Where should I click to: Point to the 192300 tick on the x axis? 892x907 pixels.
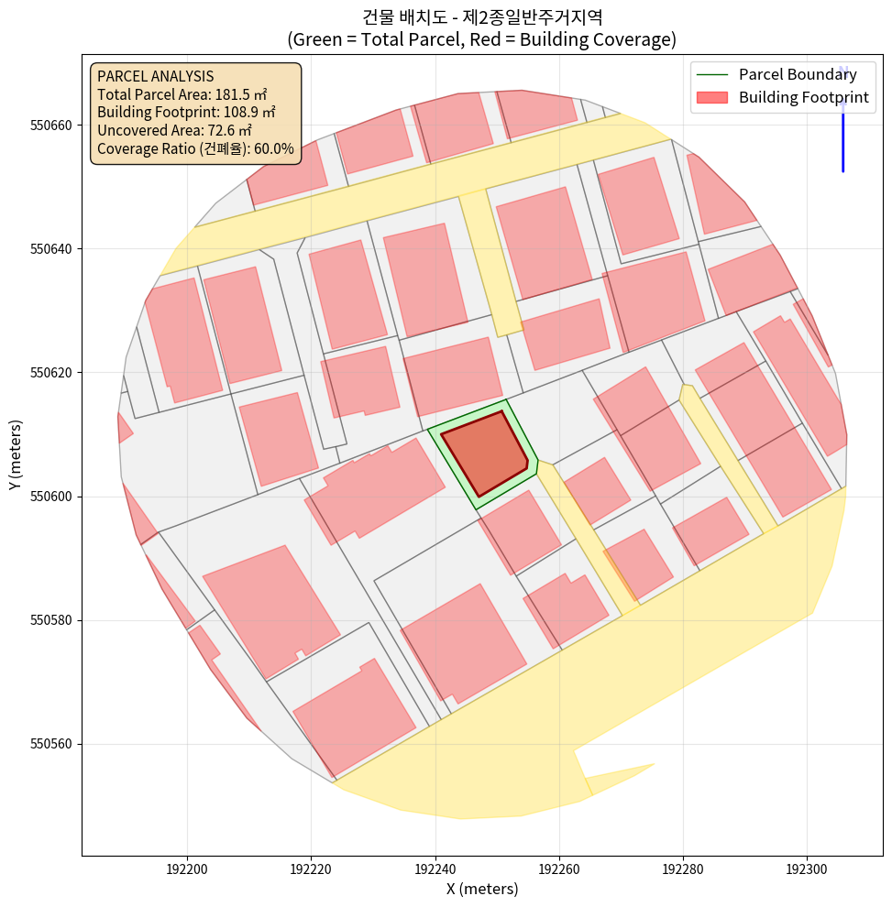point(807,867)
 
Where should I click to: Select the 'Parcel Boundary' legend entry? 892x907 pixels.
point(798,75)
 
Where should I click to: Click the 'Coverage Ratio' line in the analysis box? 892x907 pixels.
point(195,148)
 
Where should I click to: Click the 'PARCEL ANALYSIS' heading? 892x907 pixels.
point(155,76)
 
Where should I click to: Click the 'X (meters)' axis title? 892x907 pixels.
point(482,889)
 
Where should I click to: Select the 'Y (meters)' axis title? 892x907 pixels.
point(16,454)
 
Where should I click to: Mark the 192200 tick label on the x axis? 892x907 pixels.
point(187,867)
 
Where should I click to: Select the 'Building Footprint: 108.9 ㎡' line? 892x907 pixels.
point(186,113)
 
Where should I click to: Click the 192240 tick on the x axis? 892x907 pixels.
point(435,867)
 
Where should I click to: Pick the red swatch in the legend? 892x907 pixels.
point(711,97)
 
